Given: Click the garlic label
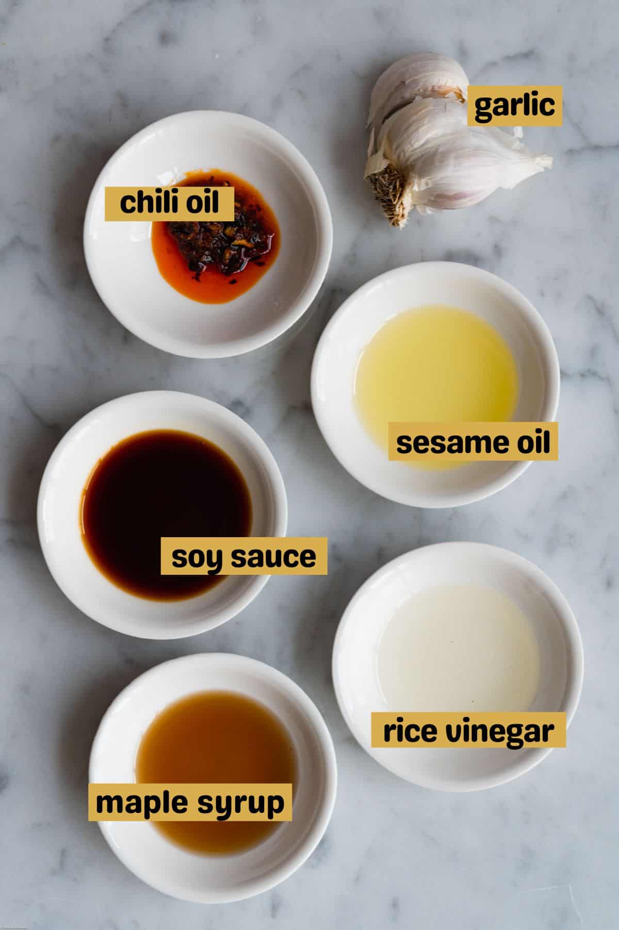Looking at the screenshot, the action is tap(514, 106).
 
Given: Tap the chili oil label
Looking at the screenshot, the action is tap(170, 204).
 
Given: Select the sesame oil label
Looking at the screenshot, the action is tap(473, 442).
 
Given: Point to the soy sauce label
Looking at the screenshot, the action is tap(243, 556).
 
